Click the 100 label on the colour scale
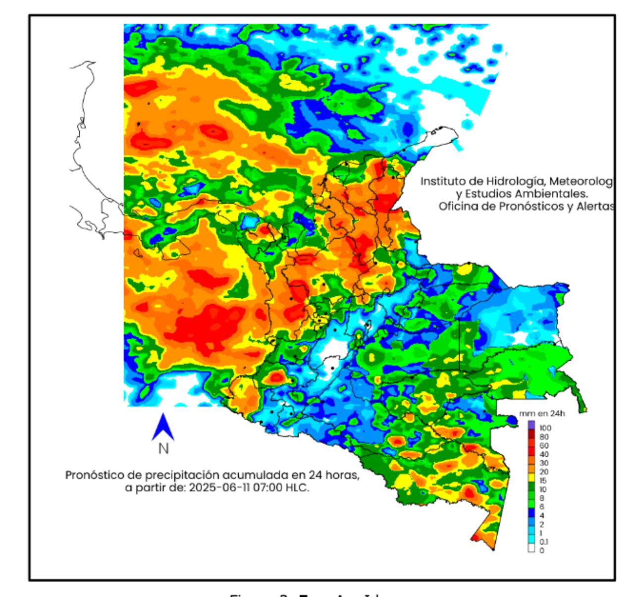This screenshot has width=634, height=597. coord(545,428)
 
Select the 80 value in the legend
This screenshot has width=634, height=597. coord(544,437)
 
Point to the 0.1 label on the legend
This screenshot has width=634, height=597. coord(543,542)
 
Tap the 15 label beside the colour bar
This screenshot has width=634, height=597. coord(543,481)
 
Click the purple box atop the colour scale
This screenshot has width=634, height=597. coord(531,425)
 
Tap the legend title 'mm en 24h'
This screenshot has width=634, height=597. coord(541,414)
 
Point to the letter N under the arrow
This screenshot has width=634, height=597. coord(163,449)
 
